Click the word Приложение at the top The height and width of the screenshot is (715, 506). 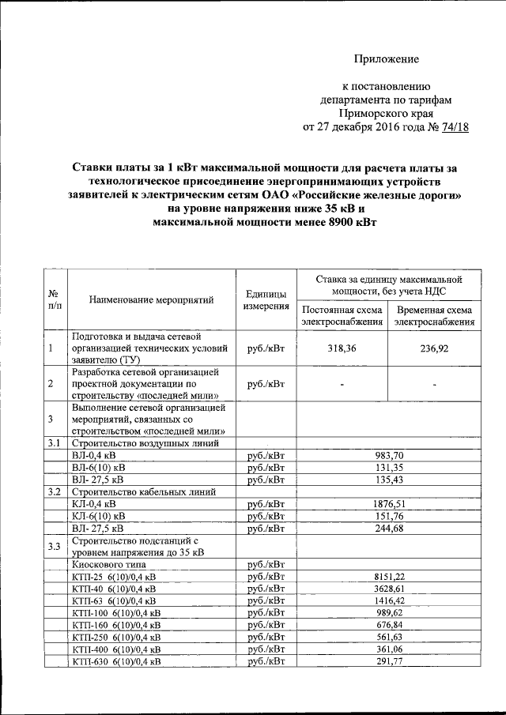(x=386, y=59)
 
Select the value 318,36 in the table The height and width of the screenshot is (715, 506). (x=343, y=347)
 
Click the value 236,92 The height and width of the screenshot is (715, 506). (x=436, y=347)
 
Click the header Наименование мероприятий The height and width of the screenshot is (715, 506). (x=153, y=300)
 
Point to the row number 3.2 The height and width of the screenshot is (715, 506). (x=53, y=491)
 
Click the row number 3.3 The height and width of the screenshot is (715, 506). (x=53, y=545)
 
